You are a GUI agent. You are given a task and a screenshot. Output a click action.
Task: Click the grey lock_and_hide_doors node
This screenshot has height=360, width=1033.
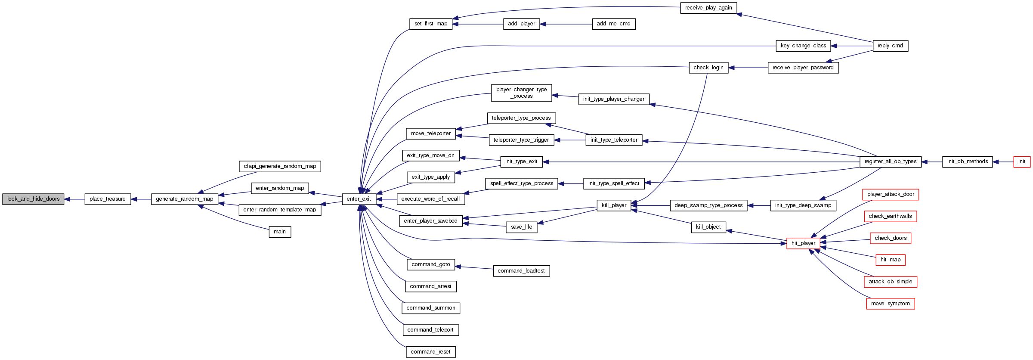[x=33, y=199]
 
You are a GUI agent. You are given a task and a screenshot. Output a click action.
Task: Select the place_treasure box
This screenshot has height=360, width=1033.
[x=108, y=199]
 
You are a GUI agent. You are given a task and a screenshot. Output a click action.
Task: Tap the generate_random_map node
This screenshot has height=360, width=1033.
[x=185, y=199]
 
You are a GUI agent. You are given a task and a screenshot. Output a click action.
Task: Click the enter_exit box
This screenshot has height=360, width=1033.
[x=359, y=199]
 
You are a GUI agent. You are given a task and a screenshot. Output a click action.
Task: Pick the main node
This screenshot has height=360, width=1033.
[x=280, y=232]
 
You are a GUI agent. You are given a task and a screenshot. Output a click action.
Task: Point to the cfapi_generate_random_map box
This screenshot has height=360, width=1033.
[x=280, y=166]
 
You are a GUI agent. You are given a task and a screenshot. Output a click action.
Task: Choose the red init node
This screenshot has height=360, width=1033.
[x=1022, y=161]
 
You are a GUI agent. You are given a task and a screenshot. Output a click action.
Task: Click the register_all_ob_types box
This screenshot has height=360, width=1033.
[x=891, y=161]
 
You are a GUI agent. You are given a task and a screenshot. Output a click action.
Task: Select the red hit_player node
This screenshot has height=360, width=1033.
[x=803, y=243]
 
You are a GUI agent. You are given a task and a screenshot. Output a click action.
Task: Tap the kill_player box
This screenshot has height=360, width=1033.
[x=614, y=205]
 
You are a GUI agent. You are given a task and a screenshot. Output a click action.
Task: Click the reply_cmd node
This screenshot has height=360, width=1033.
[x=890, y=46]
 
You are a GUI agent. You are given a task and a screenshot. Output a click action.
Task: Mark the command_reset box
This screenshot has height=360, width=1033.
[x=430, y=352]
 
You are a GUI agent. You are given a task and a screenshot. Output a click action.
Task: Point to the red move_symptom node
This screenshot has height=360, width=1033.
[x=890, y=304]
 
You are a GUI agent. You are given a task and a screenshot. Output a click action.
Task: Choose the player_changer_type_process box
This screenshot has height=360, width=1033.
[x=521, y=93]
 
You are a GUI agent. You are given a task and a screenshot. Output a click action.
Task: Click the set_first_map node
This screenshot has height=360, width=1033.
[x=431, y=24]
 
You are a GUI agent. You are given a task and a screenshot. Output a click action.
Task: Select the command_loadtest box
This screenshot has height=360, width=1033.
[x=521, y=271]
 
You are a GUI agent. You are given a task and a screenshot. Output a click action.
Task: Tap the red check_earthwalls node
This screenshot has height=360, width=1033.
[x=890, y=216]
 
